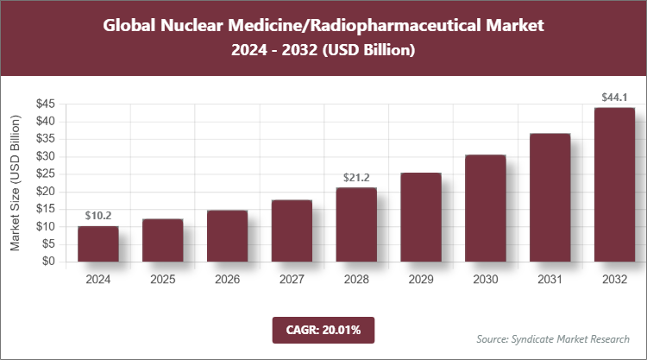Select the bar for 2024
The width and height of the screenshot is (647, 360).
97,243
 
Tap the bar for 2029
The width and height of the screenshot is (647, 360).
420,217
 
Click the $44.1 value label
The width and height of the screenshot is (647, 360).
615,98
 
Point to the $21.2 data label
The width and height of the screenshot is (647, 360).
355,178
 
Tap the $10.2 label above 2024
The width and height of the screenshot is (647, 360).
98,216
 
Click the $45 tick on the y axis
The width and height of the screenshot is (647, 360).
46,104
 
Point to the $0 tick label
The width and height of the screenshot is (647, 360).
51,262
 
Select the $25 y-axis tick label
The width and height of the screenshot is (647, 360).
46,174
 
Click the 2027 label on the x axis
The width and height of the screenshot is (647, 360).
291,280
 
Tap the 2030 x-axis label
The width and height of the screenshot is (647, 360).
485,280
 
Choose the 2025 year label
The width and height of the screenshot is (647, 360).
162,280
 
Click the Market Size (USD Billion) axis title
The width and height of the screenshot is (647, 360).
16,182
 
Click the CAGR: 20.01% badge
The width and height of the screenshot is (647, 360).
323,329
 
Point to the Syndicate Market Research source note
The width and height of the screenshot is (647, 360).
553,338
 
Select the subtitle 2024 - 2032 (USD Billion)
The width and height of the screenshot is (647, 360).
323,51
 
